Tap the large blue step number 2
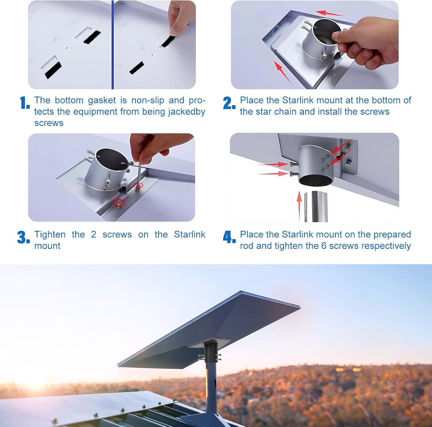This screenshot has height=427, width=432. (x=229, y=103)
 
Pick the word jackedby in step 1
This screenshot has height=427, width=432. (x=187, y=112)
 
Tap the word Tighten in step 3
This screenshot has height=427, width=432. (x=50, y=235)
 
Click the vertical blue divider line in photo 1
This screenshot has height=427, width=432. (x=112, y=45)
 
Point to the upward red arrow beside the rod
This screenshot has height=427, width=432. (x=299, y=206)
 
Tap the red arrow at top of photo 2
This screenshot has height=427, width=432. (x=330, y=13)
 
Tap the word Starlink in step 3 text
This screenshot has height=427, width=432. (x=190, y=235)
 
